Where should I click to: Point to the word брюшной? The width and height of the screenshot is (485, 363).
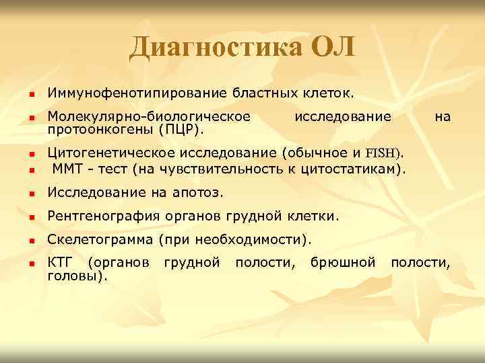tap(343, 262)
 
